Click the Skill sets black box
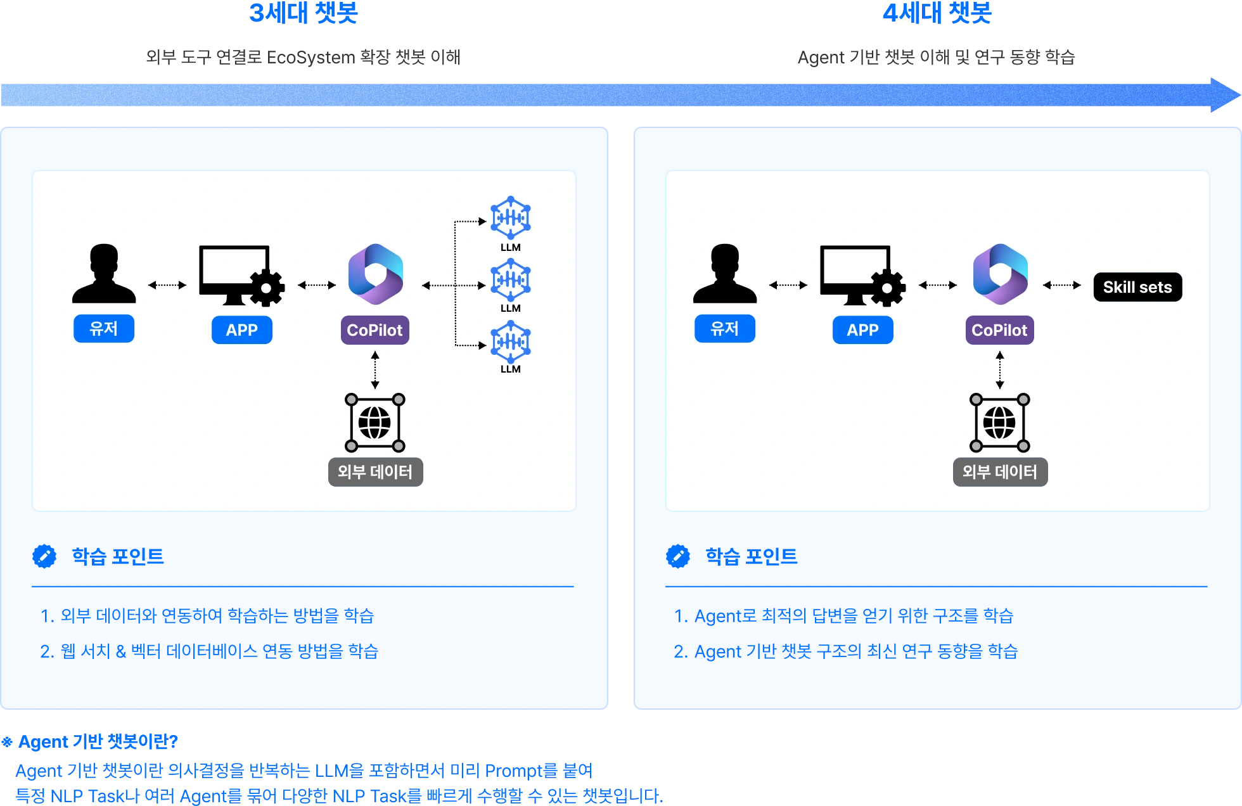[1137, 287]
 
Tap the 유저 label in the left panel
[104, 329]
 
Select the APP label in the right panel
[862, 330]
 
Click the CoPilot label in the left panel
[375, 330]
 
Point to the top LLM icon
[511, 217]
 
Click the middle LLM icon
[511, 279]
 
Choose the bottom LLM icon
[511, 342]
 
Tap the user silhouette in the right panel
[724, 273]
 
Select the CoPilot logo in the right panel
[1000, 274]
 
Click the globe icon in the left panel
[375, 423]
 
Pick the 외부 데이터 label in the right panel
[1000, 472]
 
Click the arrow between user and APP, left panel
[167, 285]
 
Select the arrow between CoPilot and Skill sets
[1062, 285]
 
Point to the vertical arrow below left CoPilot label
[375, 370]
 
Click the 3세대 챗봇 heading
[304, 13]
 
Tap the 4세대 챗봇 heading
[938, 13]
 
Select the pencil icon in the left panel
[44, 556]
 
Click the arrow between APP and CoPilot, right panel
[938, 285]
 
